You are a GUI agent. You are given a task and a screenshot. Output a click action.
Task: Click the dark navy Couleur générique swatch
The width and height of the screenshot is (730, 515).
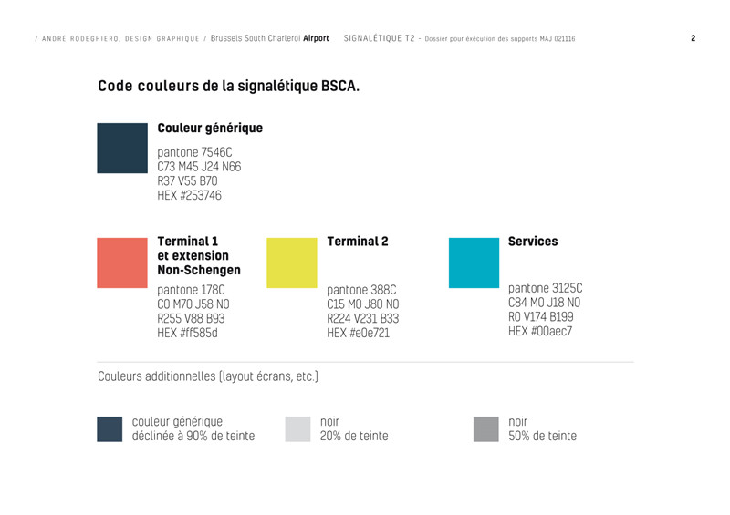tap(122, 148)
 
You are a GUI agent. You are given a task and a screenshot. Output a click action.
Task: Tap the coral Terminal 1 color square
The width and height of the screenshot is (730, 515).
tap(122, 263)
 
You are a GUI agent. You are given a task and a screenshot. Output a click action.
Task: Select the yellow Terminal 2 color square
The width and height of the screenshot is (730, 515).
tap(291, 263)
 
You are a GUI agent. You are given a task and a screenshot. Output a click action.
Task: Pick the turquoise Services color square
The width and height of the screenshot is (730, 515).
tap(474, 263)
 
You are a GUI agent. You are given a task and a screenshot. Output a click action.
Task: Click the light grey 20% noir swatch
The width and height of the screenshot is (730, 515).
tap(298, 429)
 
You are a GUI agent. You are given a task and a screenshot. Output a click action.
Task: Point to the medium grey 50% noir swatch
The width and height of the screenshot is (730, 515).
tap(486, 429)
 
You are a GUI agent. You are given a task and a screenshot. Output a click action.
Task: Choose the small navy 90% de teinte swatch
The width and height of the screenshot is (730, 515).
tap(109, 429)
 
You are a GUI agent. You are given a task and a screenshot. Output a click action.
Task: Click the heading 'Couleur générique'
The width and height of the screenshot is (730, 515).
tap(210, 129)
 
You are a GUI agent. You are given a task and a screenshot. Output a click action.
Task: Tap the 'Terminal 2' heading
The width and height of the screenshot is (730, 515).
tap(358, 242)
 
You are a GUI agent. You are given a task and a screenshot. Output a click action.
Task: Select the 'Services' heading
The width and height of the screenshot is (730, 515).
tap(533, 242)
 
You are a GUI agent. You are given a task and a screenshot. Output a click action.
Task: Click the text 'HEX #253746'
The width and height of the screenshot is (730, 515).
tap(190, 195)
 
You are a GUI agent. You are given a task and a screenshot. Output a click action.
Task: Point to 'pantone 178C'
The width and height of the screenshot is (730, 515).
tap(192, 290)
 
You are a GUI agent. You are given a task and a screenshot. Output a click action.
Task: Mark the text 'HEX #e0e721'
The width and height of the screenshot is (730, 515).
tap(359, 334)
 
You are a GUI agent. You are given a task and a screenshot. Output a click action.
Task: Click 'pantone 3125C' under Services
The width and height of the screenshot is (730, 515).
tap(545, 288)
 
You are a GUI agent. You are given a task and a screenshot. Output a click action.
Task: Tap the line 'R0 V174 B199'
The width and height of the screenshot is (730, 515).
tap(541, 317)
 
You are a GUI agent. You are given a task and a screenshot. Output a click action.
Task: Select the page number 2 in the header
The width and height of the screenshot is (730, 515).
tap(693, 39)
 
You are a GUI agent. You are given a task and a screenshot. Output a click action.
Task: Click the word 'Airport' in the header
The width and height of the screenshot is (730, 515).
tap(316, 39)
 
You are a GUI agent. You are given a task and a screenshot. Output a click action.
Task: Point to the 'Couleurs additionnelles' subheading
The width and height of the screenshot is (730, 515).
tap(208, 376)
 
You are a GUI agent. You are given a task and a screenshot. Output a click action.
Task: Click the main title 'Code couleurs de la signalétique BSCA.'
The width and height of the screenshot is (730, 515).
tap(228, 88)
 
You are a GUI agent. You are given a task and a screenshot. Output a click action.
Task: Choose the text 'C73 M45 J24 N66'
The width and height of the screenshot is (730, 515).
tap(199, 167)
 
